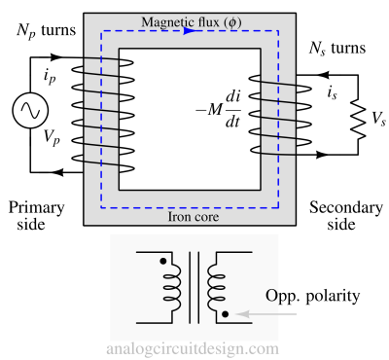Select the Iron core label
[x=194, y=217]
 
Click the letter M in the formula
[x=215, y=108]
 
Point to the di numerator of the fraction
[x=233, y=96]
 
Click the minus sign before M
[x=200, y=109]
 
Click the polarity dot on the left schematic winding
[x=163, y=262]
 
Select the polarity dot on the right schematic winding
[x=226, y=314]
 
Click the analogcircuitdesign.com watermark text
[x=194, y=348]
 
